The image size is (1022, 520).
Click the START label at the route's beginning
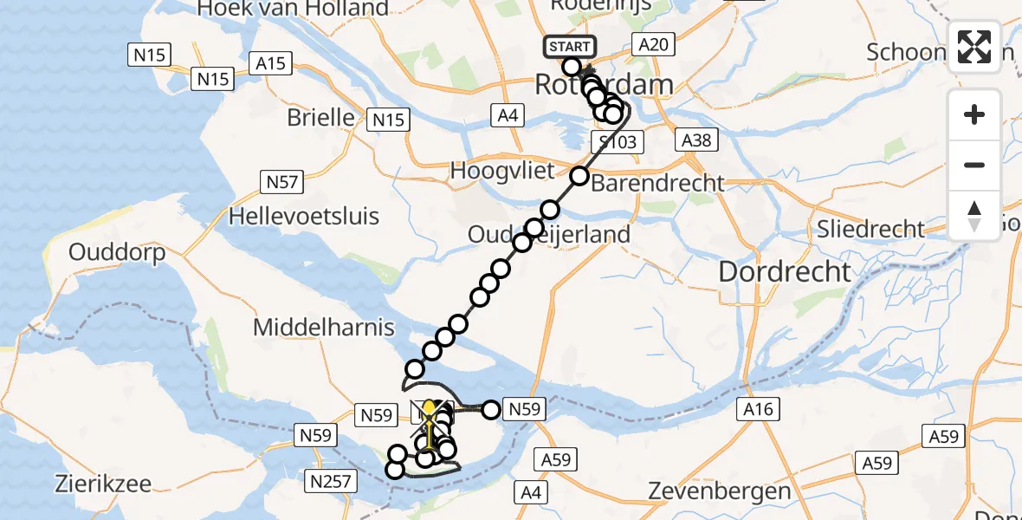[569, 47]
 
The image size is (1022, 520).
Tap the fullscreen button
[974, 47]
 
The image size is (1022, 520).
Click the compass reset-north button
[974, 216]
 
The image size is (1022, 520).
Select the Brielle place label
[320, 117]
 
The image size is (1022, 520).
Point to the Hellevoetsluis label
[303, 216]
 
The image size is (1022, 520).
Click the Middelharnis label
[323, 328]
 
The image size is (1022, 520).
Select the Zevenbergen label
[721, 492]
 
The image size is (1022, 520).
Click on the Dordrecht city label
[784, 271]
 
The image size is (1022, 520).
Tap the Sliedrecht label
[871, 229]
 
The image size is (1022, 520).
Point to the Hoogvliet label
[501, 171]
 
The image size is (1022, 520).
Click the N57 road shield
[281, 182]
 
